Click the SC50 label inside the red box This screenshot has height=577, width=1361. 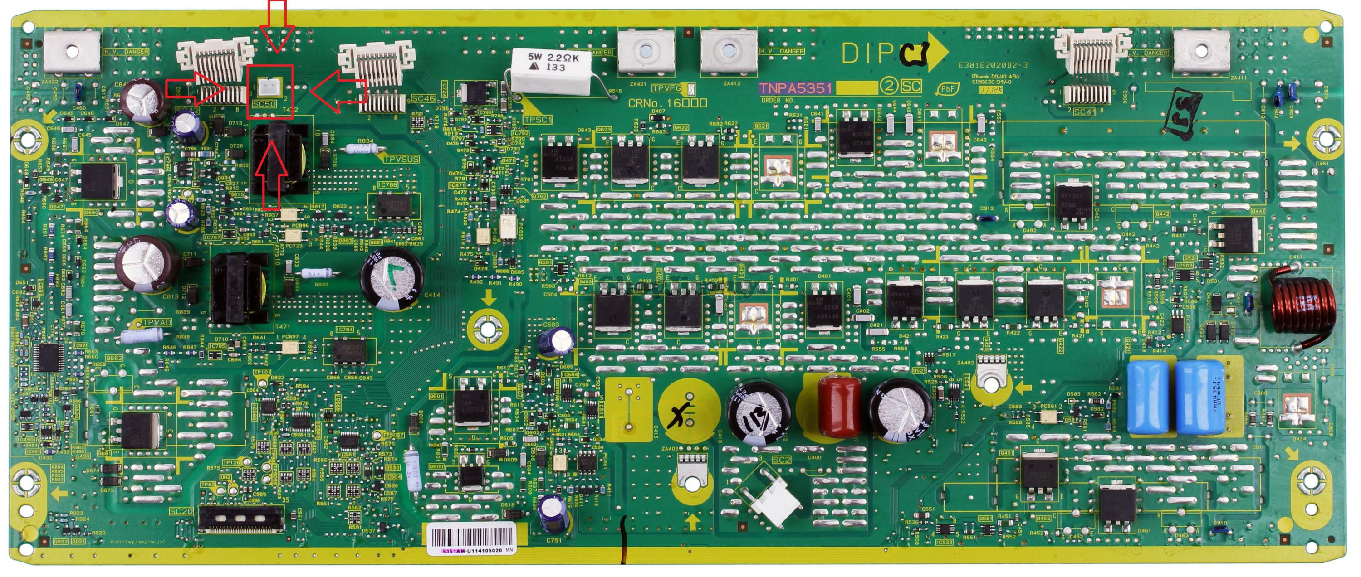264,104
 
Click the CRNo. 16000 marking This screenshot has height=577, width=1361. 667,102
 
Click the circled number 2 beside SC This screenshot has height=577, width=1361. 889,86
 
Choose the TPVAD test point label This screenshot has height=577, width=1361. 157,322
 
